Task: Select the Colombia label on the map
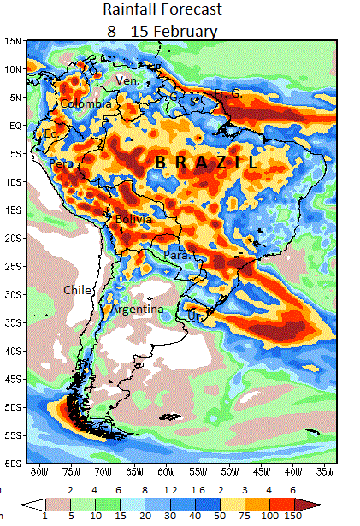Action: [x=86, y=103]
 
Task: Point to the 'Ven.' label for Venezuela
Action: [x=127, y=80]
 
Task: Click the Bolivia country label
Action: [x=133, y=220]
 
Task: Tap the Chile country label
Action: [x=77, y=290]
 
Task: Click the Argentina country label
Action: [x=138, y=309]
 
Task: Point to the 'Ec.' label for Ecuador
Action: [x=51, y=134]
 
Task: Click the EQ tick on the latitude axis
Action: [x=15, y=125]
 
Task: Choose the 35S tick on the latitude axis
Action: [x=13, y=322]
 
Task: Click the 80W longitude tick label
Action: [x=38, y=472]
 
